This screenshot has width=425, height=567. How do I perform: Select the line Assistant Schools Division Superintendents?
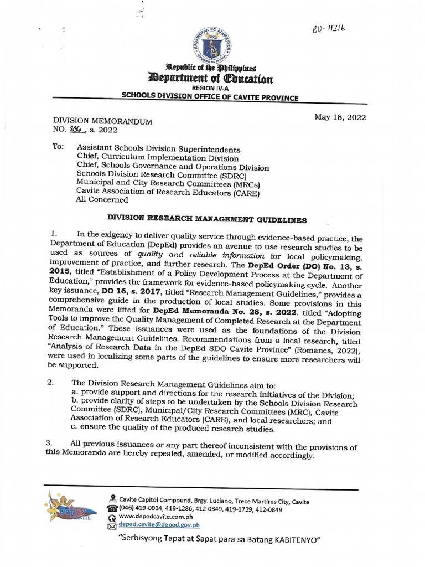(159, 149)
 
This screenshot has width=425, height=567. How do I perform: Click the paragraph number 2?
(50, 383)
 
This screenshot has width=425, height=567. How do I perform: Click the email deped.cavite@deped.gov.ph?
(158, 526)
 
